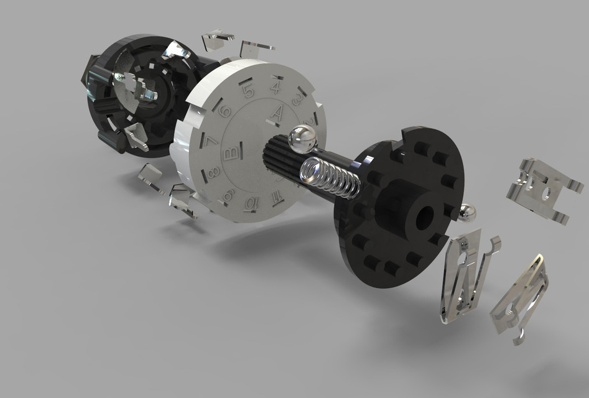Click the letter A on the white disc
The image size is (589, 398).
[x=279, y=113]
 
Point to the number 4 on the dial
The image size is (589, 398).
[x=275, y=87]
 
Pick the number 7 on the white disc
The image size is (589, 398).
[x=211, y=142]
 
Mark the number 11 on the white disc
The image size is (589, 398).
[x=276, y=197]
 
